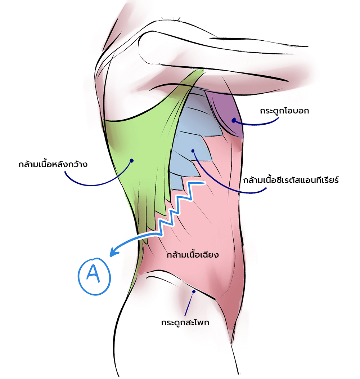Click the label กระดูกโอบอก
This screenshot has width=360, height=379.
click(284, 111)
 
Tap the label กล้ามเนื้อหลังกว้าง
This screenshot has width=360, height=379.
click(53, 164)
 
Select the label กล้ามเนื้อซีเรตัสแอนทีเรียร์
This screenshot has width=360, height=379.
click(291, 180)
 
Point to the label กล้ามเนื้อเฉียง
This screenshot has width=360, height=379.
click(193, 255)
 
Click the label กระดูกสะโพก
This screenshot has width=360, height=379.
click(185, 322)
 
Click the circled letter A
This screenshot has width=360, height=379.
click(94, 276)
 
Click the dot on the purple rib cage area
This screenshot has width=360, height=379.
click(234, 120)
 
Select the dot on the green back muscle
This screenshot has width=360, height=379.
click(132, 160)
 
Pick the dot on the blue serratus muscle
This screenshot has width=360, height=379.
click(193, 151)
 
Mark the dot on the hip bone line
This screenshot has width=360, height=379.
click(194, 292)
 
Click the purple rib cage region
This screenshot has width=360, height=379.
click(227, 113)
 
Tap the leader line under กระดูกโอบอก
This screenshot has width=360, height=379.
click(256, 124)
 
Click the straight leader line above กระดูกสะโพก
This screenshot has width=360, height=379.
click(189, 304)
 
